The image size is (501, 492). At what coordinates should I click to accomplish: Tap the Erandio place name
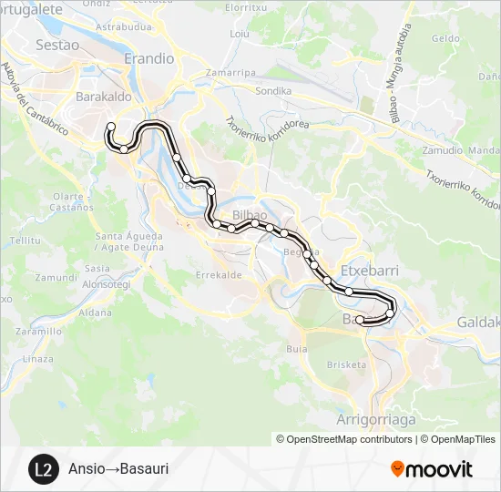(149, 57)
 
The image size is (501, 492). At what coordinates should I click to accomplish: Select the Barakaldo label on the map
(105, 96)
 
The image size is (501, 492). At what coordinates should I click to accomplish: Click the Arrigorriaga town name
(376, 419)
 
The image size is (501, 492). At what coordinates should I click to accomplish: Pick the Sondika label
(273, 91)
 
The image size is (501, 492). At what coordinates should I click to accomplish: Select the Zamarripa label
(230, 71)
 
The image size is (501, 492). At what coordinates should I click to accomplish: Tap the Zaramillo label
(38, 332)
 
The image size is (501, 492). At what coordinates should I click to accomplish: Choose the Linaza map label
(38, 359)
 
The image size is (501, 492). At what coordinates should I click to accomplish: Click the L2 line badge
(41, 469)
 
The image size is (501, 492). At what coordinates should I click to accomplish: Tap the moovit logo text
(440, 469)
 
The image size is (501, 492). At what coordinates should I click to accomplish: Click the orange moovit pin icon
(397, 469)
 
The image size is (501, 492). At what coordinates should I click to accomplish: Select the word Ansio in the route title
(85, 469)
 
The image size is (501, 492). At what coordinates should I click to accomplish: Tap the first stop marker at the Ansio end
(111, 127)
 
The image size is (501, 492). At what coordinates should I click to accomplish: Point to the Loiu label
(240, 34)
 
